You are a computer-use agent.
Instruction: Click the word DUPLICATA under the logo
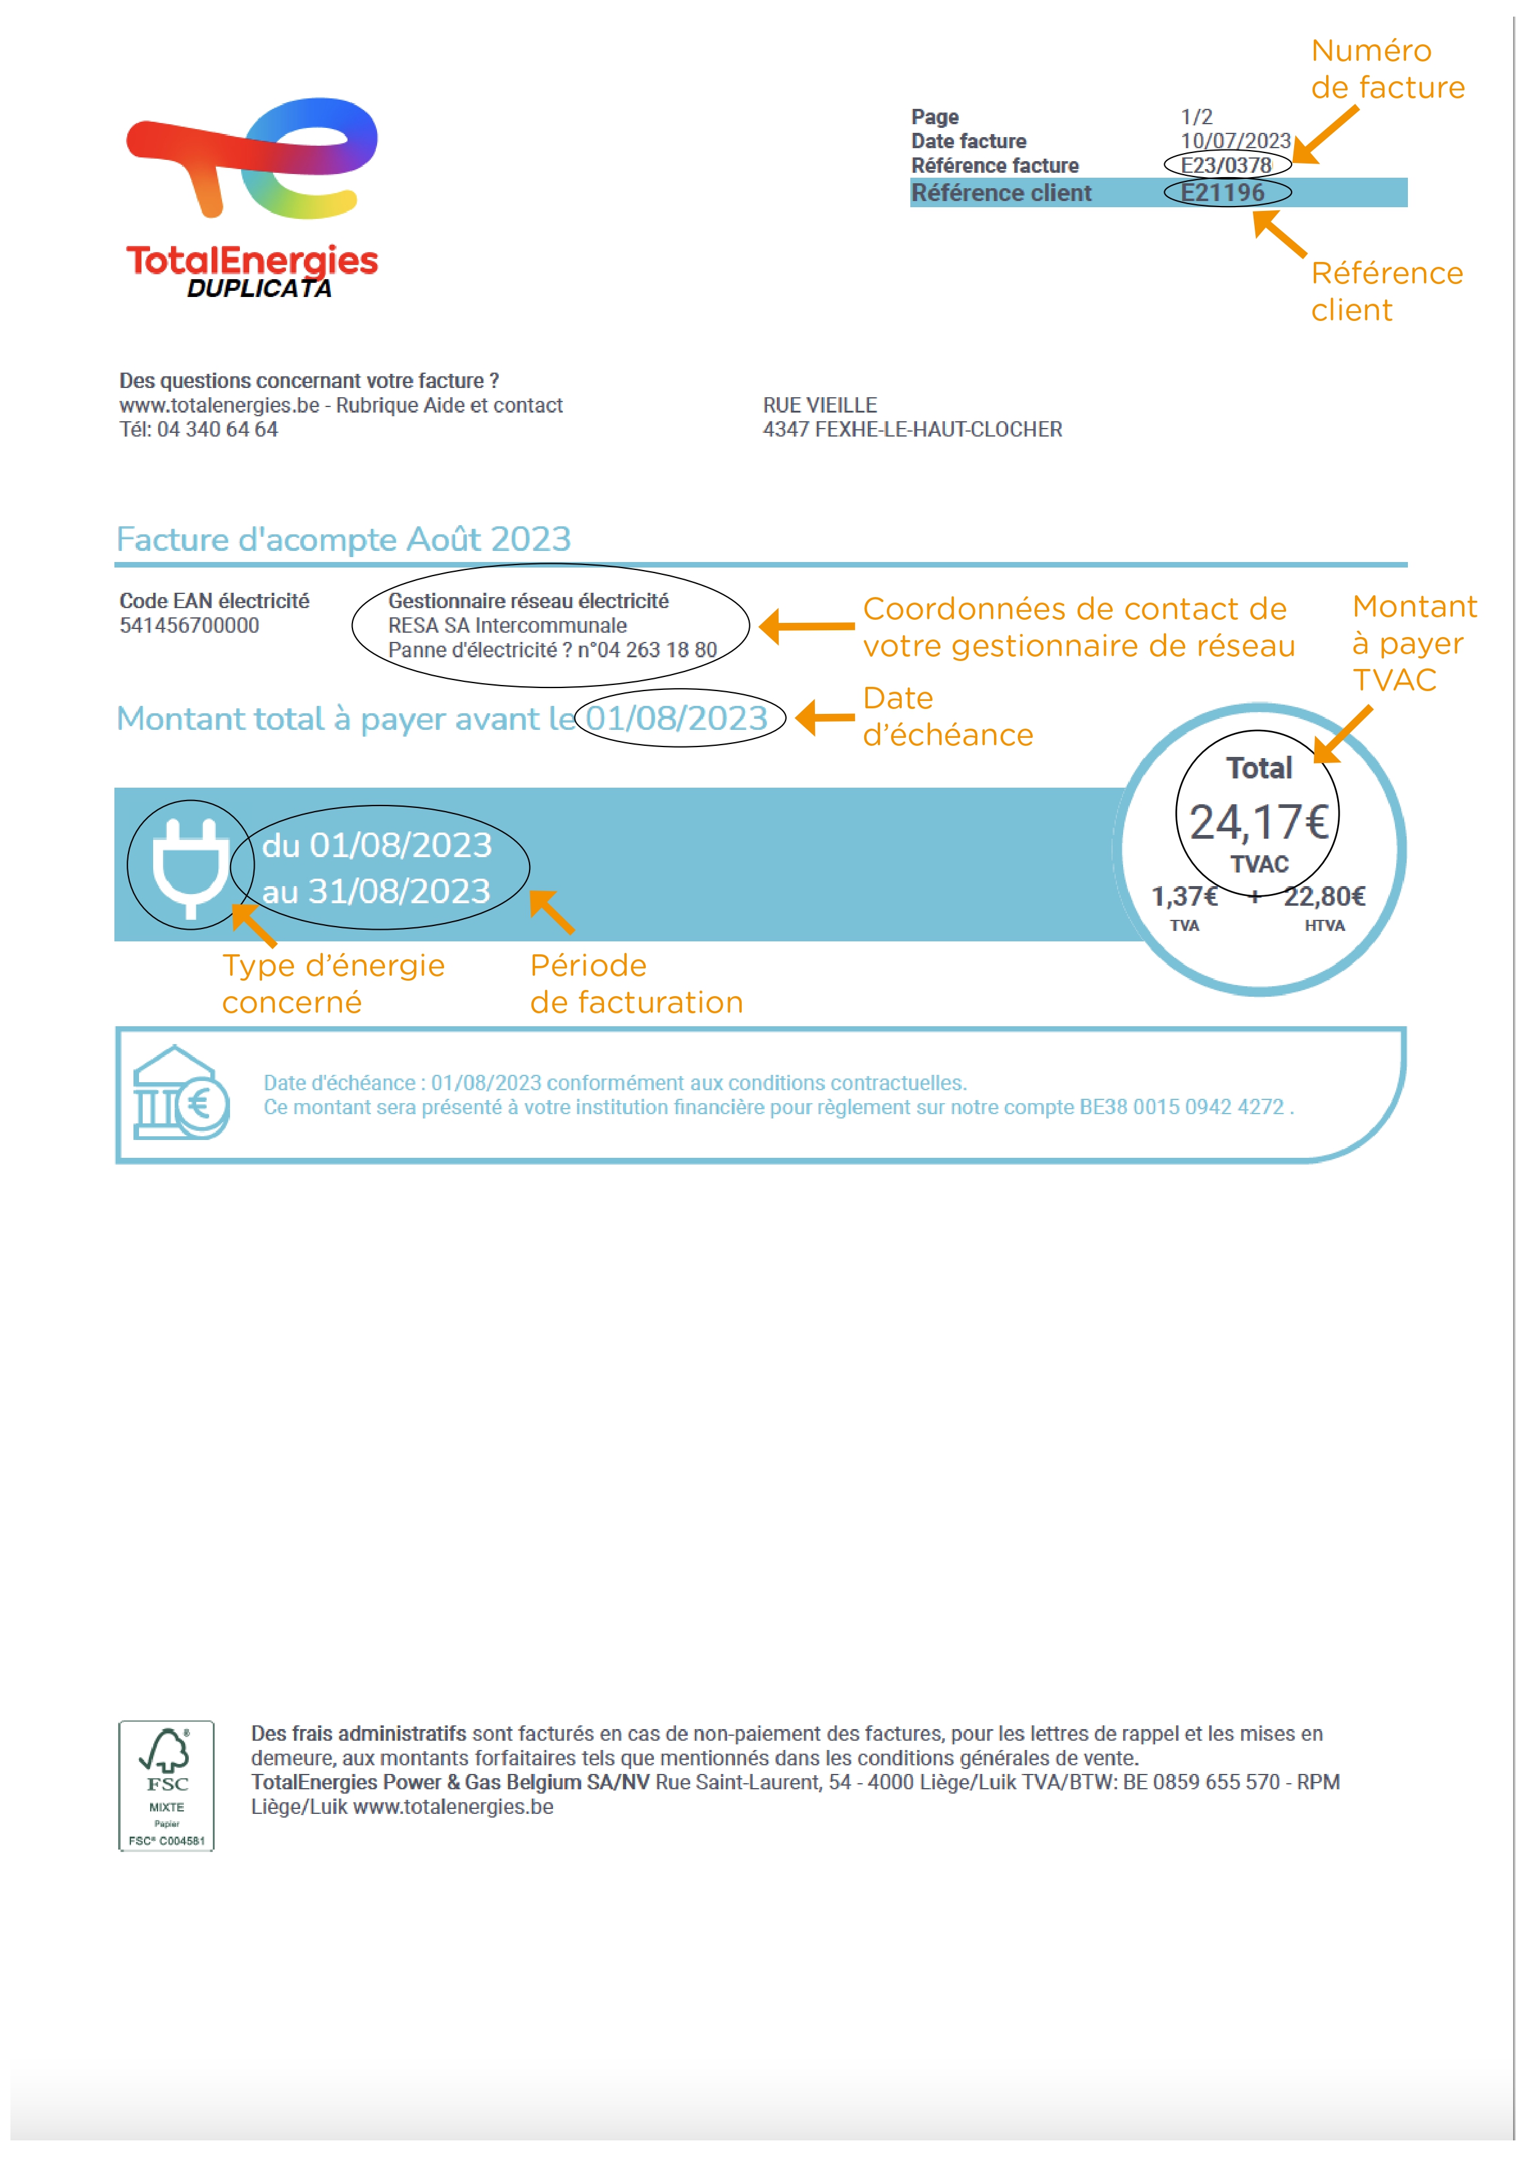click(260, 288)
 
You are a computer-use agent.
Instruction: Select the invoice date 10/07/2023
click(1234, 141)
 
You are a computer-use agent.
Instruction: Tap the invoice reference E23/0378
click(1226, 165)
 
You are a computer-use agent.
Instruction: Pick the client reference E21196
click(1223, 192)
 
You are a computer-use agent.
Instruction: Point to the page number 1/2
click(1196, 116)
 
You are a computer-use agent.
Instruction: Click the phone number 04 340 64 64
click(217, 429)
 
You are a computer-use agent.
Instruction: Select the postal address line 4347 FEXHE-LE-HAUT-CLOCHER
click(912, 429)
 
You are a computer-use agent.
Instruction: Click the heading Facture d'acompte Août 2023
click(343, 539)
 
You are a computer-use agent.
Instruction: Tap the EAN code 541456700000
click(189, 626)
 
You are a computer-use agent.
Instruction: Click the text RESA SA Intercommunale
click(507, 626)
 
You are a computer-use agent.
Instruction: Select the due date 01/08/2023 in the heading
click(677, 719)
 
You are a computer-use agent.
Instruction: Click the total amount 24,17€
click(1258, 822)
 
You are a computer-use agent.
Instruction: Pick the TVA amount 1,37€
click(1184, 897)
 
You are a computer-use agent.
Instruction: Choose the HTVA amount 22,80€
click(1324, 897)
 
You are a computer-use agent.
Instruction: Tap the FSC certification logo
click(166, 1785)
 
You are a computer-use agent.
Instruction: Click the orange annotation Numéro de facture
click(1387, 69)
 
